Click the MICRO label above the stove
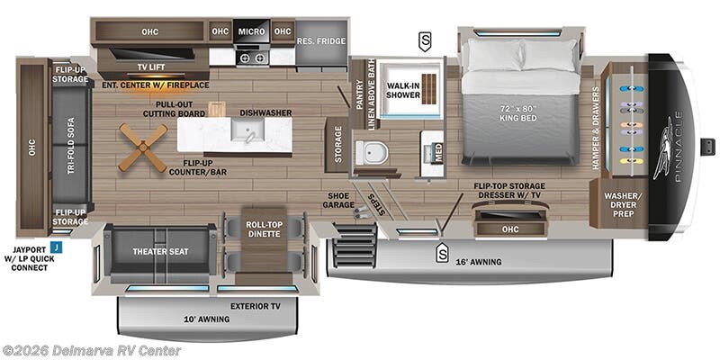pos(252,31)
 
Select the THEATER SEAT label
pos(160,251)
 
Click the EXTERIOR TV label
pos(256,306)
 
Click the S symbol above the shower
pos(424,40)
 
